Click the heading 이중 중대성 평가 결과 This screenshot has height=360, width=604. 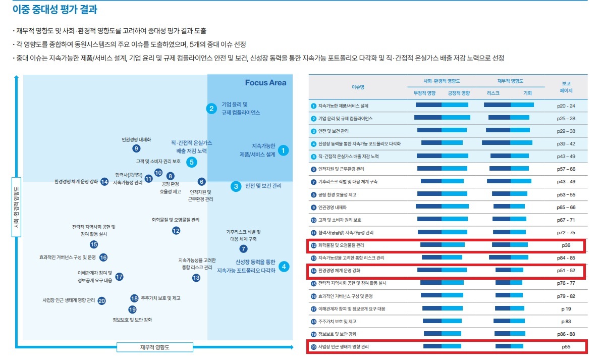pos(55,9)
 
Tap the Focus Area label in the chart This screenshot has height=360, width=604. pos(265,83)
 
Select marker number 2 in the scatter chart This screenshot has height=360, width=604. pos(212,109)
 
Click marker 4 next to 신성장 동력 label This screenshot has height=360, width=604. pos(284,267)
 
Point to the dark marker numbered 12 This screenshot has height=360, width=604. pos(176,230)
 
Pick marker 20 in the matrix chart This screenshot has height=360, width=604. pos(101,300)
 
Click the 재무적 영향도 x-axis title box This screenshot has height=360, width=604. pos(155,347)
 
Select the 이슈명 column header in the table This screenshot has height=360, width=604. pos(358,87)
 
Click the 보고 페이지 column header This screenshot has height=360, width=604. pos(566,87)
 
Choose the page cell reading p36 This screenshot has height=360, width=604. pos(566,245)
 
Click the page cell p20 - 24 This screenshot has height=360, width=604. pos(566,106)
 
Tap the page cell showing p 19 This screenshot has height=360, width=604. pos(566,308)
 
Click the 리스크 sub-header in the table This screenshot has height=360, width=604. pos(493,93)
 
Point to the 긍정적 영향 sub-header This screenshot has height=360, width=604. pos(458,93)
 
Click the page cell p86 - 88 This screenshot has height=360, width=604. pos(566,334)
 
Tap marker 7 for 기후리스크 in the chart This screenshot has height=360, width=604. pos(243,248)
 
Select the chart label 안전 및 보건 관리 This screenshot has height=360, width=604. pos(263,186)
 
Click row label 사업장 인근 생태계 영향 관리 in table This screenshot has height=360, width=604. pos(343,347)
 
